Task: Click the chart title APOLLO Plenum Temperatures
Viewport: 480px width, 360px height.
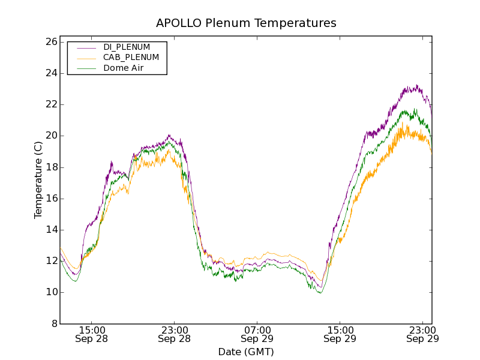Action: click(246, 23)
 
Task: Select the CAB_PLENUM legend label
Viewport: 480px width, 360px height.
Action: click(131, 58)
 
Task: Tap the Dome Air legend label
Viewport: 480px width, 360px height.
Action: click(123, 68)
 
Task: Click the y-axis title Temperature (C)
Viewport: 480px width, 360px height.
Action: click(38, 180)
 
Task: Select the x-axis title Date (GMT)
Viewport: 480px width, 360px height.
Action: click(246, 352)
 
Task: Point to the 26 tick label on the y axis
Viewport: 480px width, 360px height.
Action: click(50, 42)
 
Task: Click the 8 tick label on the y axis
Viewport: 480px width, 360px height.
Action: click(54, 324)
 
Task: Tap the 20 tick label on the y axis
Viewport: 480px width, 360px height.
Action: click(50, 136)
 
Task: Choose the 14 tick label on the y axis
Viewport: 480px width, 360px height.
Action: click(50, 230)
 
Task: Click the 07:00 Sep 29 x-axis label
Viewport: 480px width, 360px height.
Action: click(257, 334)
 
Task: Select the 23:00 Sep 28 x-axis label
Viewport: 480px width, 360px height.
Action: click(175, 334)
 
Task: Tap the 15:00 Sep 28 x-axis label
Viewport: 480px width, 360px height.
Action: click(92, 334)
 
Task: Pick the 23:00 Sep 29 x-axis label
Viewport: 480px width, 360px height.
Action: click(422, 334)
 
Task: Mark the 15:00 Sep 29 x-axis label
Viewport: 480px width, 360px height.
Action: click(340, 334)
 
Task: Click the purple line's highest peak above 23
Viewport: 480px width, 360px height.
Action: click(416, 85)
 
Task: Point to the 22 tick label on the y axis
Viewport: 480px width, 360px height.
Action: click(50, 104)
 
